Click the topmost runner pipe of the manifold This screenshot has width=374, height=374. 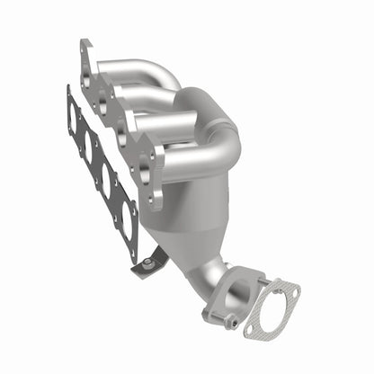point(135,70)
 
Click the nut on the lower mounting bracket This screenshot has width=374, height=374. point(147,262)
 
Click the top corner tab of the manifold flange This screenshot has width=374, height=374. point(85,47)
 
